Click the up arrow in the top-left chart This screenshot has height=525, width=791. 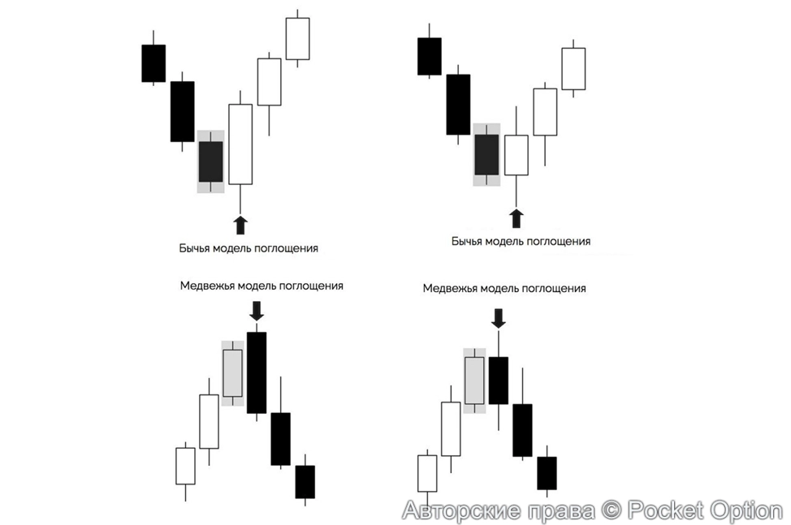[x=240, y=224]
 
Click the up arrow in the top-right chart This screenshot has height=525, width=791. [x=516, y=217]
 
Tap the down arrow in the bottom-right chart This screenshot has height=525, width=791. [x=499, y=317]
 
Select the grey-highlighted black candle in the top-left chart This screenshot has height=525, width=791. [x=210, y=161]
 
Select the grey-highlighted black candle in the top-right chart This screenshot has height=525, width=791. [x=486, y=154]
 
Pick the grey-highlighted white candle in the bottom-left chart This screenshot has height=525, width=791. [x=233, y=373]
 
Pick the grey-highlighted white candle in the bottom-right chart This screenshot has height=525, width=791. [x=474, y=380]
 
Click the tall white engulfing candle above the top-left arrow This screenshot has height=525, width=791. [x=240, y=144]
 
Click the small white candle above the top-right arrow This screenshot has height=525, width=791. [x=516, y=155]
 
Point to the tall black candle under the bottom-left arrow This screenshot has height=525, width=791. [x=257, y=372]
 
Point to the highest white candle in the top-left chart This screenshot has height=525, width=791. [x=297, y=38]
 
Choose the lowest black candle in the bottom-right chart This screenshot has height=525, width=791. [x=547, y=473]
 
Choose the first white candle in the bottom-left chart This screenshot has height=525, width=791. [x=186, y=466]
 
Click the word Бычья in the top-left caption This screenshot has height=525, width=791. [x=194, y=249]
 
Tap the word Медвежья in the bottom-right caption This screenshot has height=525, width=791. [x=451, y=288]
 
